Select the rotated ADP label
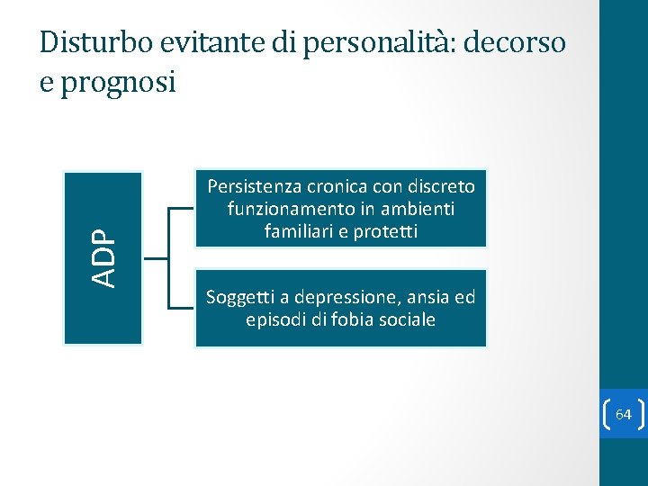[104, 257]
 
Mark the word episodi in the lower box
[275, 319]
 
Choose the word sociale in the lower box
[405, 319]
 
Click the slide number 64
[624, 415]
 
